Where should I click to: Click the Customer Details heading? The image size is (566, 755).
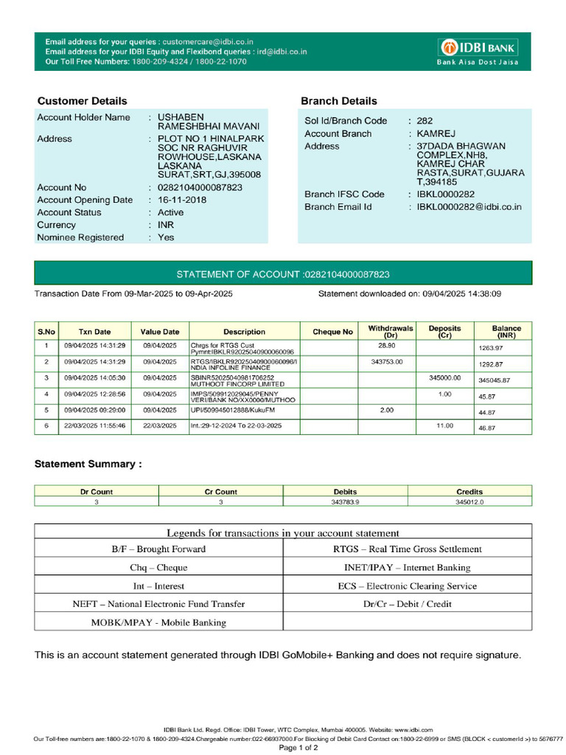click(82, 101)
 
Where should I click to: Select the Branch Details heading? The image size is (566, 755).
click(338, 101)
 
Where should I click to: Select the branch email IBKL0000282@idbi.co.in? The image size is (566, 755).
click(469, 206)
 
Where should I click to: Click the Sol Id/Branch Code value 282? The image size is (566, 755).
click(424, 121)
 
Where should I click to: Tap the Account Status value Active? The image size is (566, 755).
click(171, 212)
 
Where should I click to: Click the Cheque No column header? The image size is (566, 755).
click(332, 332)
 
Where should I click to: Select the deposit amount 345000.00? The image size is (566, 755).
click(444, 377)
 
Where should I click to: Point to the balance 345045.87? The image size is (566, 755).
click(494, 380)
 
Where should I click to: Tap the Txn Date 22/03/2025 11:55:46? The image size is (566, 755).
click(94, 425)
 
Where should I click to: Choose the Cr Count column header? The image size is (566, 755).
click(220, 491)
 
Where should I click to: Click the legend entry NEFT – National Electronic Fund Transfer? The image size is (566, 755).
click(158, 604)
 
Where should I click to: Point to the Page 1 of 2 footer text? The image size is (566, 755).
click(298, 747)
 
